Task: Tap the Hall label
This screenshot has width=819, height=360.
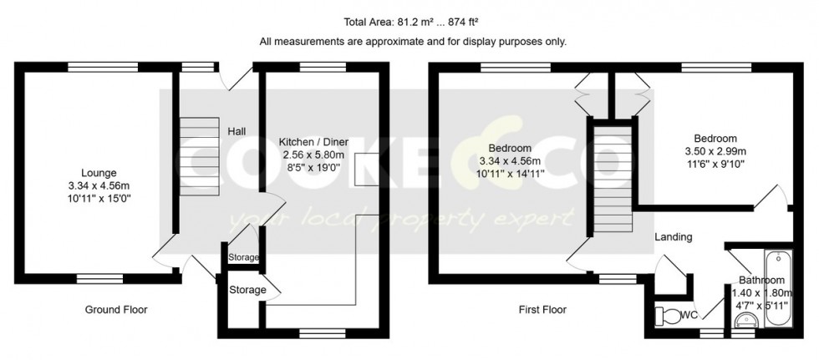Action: point(237,131)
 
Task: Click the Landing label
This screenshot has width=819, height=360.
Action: point(674,237)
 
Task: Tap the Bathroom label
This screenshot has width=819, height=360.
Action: point(761,281)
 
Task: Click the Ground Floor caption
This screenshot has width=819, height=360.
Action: point(116,310)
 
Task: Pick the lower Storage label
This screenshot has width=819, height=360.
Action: point(248,290)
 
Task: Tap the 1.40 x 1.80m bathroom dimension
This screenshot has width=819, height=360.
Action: point(761,292)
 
